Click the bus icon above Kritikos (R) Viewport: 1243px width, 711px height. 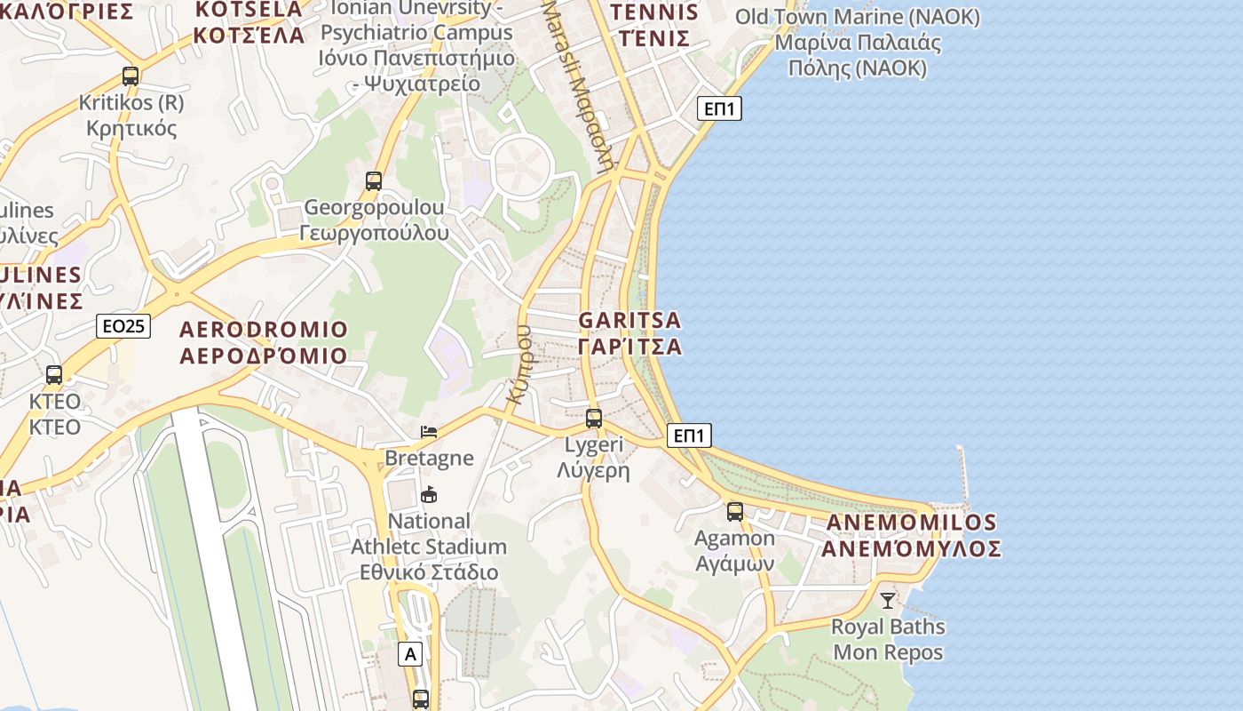pyautogui.click(x=131, y=76)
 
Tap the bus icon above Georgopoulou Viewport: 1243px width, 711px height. pyautogui.click(x=374, y=181)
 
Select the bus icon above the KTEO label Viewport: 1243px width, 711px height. pyautogui.click(x=54, y=375)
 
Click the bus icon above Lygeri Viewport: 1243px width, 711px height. pyautogui.click(x=594, y=418)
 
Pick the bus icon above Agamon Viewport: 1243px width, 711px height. pyautogui.click(x=735, y=511)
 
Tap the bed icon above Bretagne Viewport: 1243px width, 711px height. pyautogui.click(x=429, y=432)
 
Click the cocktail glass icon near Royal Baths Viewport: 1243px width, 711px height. pyautogui.click(x=888, y=600)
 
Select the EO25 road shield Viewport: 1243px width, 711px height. pyautogui.click(x=123, y=326)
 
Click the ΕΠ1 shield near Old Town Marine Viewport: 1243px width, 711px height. pyautogui.click(x=719, y=108)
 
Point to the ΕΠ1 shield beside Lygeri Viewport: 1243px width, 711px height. pyautogui.click(x=689, y=435)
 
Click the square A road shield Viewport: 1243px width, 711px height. pyautogui.click(x=409, y=654)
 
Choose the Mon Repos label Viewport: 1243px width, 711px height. pyautogui.click(x=888, y=652)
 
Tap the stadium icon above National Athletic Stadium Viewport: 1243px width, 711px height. pyautogui.click(x=429, y=494)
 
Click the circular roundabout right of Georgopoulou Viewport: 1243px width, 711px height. pyautogui.click(x=524, y=164)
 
